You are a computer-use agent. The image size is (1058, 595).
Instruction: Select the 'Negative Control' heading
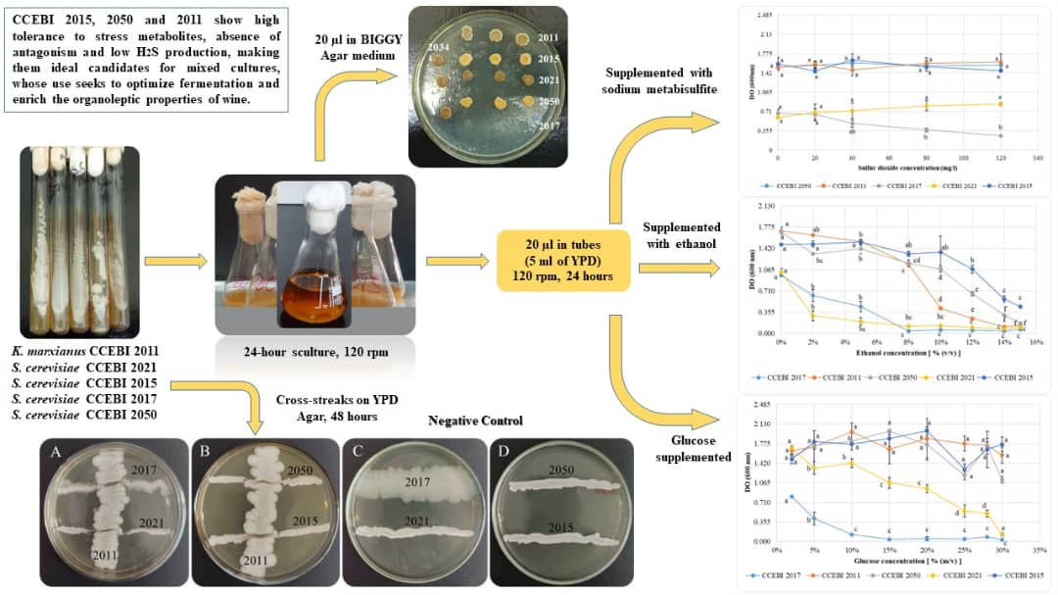tap(475, 421)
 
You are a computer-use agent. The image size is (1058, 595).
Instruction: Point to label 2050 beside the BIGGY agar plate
tap(549, 102)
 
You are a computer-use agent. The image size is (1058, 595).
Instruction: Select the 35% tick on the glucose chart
tap(1039, 550)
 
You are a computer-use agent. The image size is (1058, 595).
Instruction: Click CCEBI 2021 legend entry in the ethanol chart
tap(959, 376)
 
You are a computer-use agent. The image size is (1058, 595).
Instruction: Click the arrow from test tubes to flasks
tap(176, 262)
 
